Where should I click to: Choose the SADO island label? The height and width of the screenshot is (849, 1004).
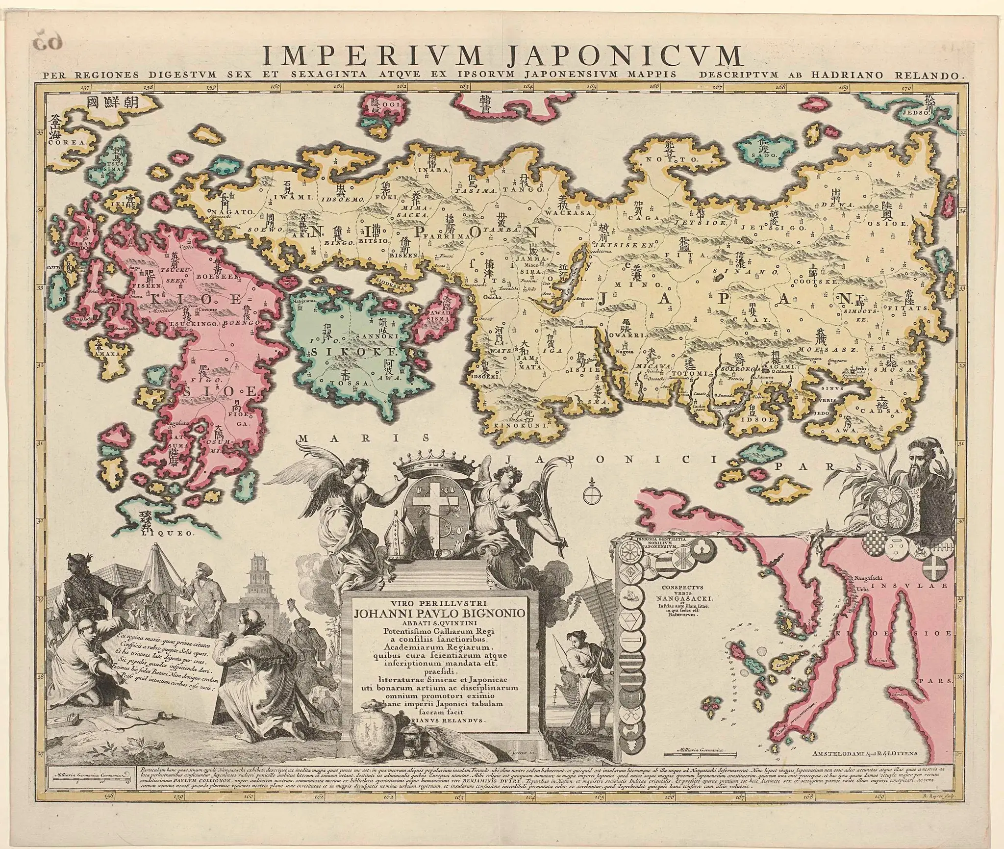(757, 154)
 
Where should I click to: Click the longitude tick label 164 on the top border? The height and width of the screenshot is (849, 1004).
(527, 87)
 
